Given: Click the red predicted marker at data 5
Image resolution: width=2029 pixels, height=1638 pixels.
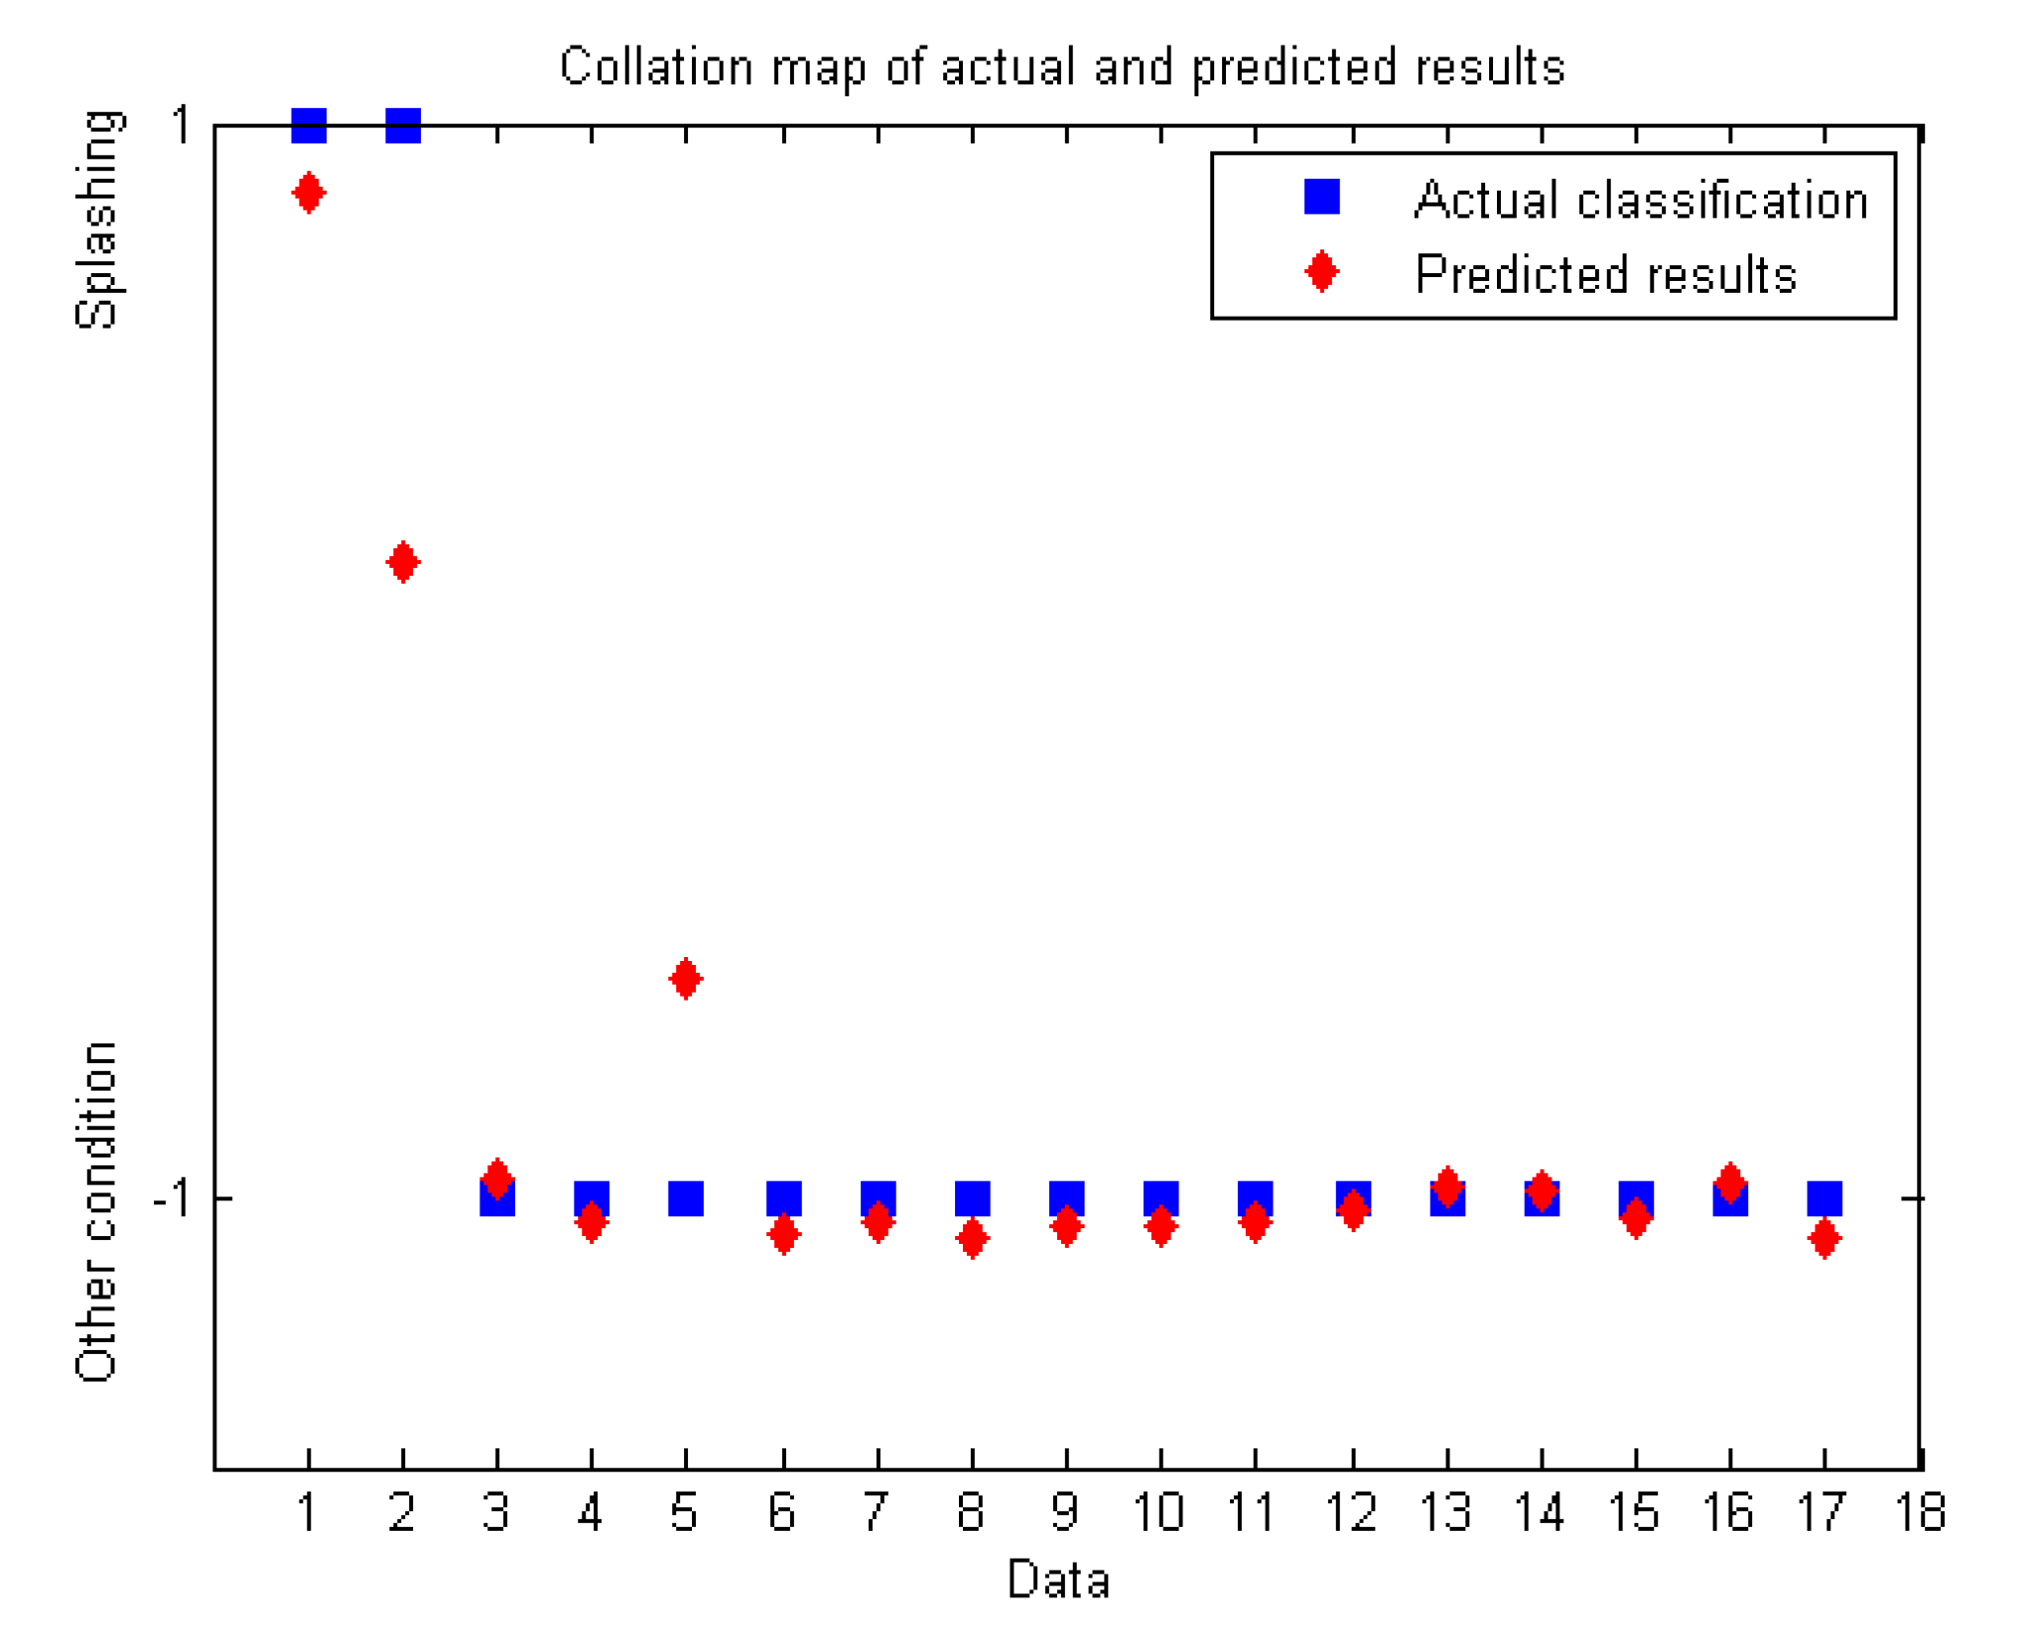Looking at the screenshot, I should pyautogui.click(x=686, y=979).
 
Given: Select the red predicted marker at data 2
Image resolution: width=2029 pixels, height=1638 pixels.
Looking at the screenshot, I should pyautogui.click(x=403, y=563).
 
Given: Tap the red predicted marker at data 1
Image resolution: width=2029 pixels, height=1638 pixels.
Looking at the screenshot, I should pyautogui.click(x=309, y=193).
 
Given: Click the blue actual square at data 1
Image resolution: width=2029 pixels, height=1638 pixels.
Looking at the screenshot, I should pyautogui.click(x=309, y=126).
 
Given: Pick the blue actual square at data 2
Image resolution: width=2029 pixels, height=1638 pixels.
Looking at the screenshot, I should pyautogui.click(x=403, y=126).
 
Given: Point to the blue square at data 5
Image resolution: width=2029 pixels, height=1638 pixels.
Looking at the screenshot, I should pyautogui.click(x=686, y=1198).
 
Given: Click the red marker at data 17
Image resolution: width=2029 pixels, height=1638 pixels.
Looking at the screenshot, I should pyautogui.click(x=1825, y=1238).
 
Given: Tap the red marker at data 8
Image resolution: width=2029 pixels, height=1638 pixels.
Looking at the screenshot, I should pyautogui.click(x=973, y=1238).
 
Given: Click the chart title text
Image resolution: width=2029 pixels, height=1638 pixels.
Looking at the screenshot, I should pyautogui.click(x=1061, y=68).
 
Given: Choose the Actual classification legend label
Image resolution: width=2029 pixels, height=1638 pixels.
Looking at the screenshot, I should pyautogui.click(x=1641, y=200).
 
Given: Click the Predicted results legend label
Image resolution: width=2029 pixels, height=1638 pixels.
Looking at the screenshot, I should pyautogui.click(x=1605, y=274).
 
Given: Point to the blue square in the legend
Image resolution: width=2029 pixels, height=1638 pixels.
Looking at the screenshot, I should pyautogui.click(x=1322, y=197).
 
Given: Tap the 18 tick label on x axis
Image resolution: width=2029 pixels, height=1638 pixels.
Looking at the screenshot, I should pyautogui.click(x=1920, y=1513).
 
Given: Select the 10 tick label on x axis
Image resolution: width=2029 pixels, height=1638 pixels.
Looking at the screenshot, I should pyautogui.click(x=1158, y=1513).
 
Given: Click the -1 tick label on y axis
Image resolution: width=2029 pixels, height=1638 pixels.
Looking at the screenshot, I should pyautogui.click(x=171, y=1198).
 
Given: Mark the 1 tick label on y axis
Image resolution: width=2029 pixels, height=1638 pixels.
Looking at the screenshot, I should pyautogui.click(x=181, y=126).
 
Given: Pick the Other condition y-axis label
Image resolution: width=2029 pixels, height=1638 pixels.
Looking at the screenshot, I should pyautogui.click(x=96, y=1212).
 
